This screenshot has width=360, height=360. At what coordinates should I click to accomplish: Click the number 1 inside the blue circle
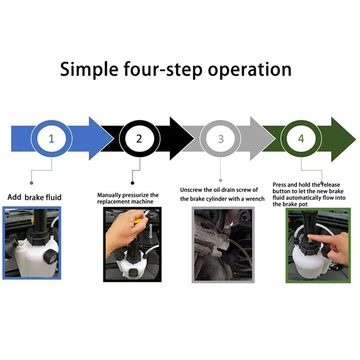coord(51,138)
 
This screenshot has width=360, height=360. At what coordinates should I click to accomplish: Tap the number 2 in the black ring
coord(139,138)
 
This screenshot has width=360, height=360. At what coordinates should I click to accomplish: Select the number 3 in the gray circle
coord(220,138)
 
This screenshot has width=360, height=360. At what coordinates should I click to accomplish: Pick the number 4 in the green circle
coord(301,138)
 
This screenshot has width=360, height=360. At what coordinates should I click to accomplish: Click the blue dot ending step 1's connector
coord(31,183)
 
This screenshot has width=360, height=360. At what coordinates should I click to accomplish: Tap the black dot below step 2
coord(132,183)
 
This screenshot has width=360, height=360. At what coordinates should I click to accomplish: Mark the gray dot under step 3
coord(220,180)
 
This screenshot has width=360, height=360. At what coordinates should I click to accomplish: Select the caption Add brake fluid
coord(35,197)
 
